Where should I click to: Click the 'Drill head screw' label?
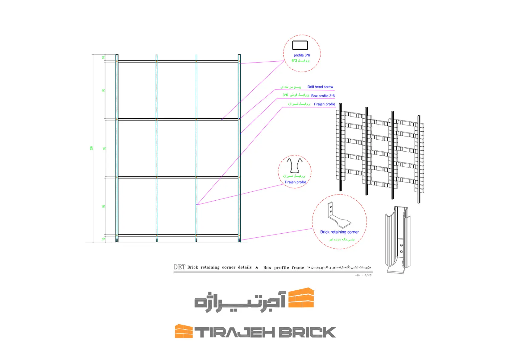point(320,87)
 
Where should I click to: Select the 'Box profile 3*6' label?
point(323,96)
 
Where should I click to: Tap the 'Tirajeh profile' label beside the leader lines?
point(324,104)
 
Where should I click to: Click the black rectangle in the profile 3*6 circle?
point(300,45)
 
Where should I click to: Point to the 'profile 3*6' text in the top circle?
point(302,55)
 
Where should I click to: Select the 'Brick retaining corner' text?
point(339,232)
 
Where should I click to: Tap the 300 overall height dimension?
point(91,148)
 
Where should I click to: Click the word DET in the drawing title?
point(180,267)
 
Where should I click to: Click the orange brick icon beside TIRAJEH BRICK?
point(184,331)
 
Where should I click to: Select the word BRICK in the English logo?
point(307,333)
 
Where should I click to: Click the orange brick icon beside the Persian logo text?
point(301,298)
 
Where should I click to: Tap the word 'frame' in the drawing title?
point(298,268)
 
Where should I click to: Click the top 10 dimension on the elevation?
point(104,58)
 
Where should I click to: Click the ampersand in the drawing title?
point(257,268)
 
